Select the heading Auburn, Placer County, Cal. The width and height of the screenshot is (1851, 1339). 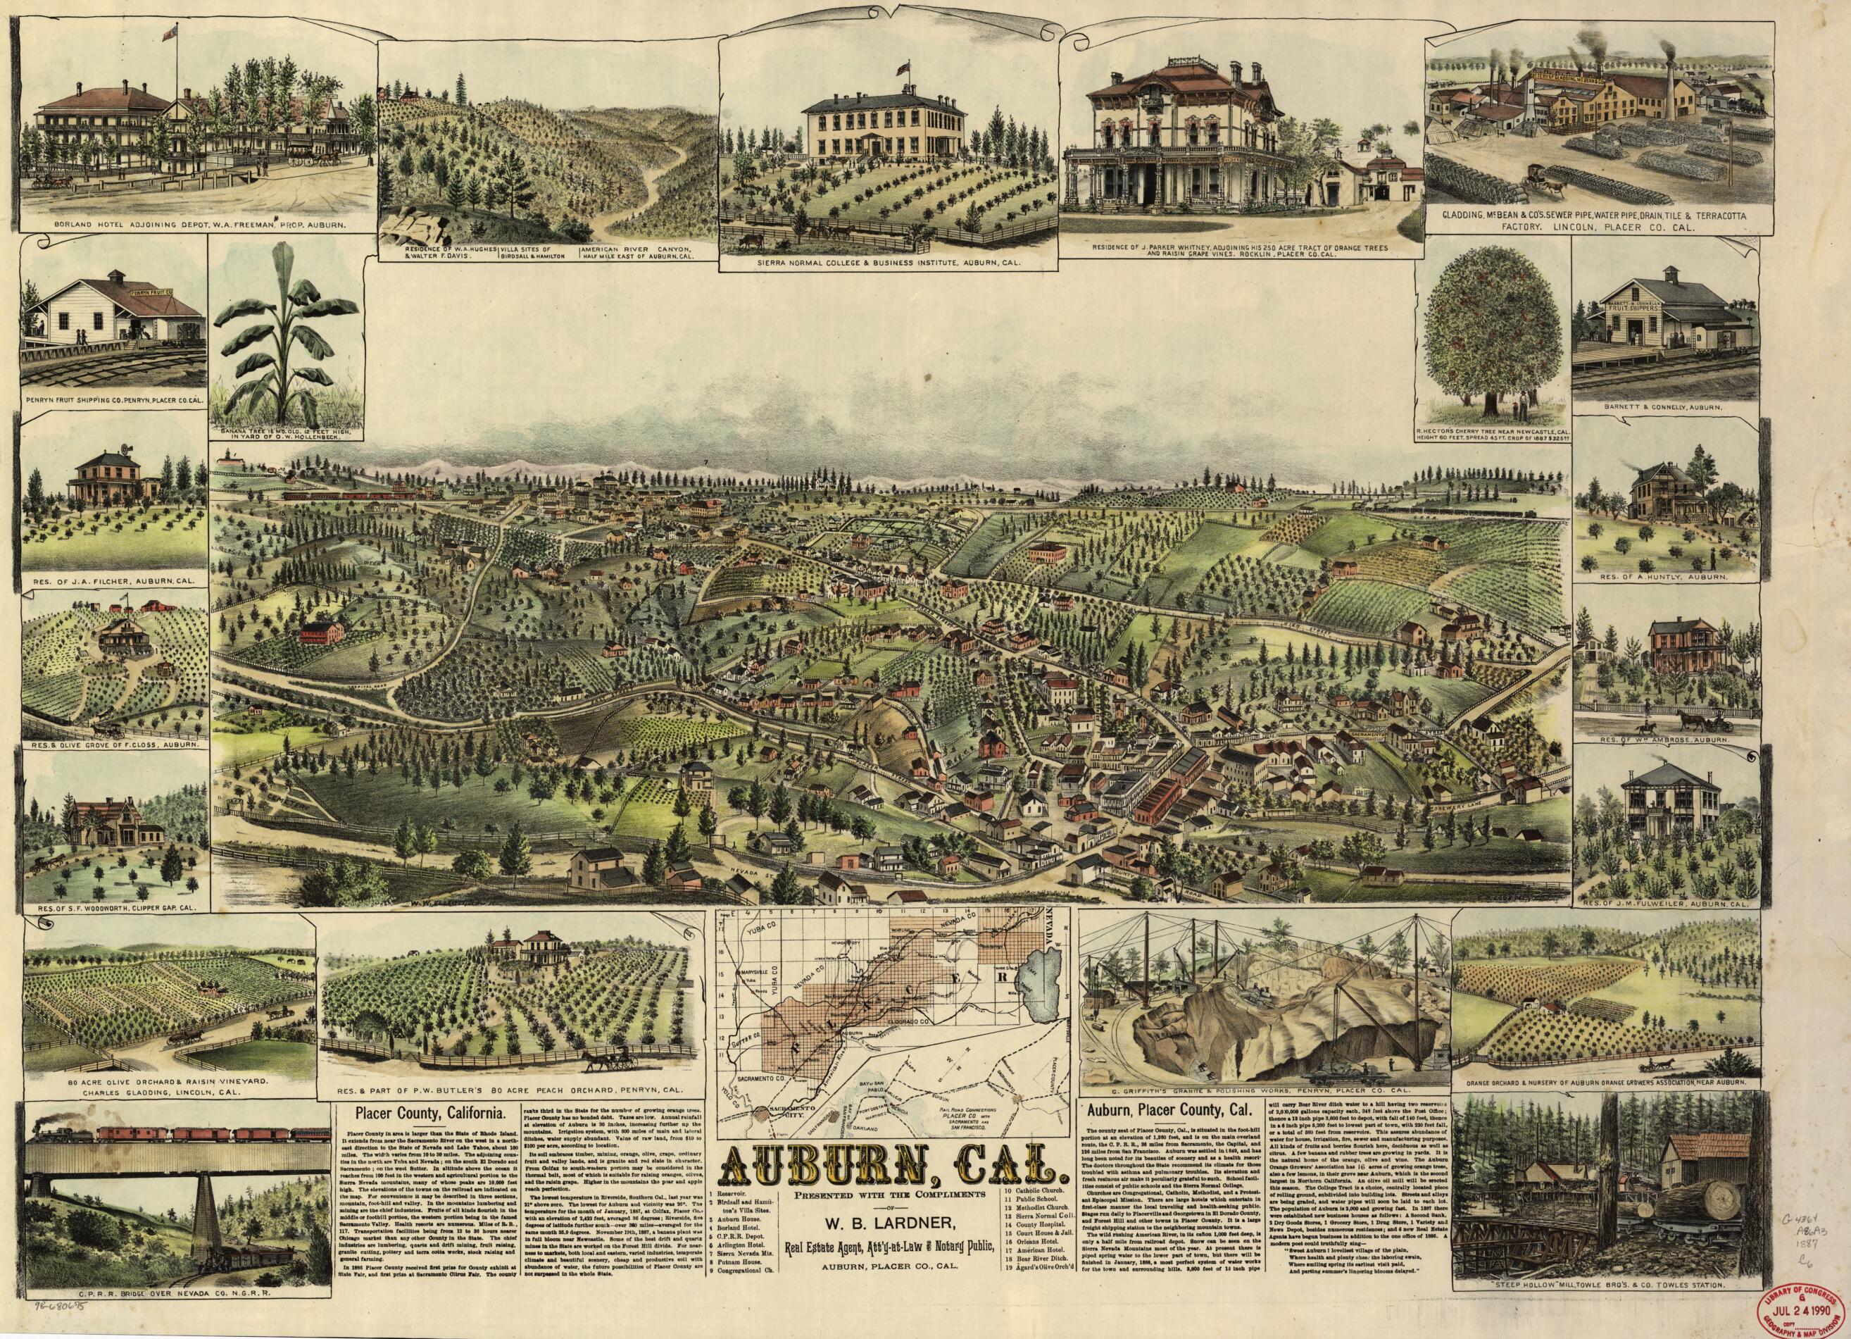[x=1169, y=1110]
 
